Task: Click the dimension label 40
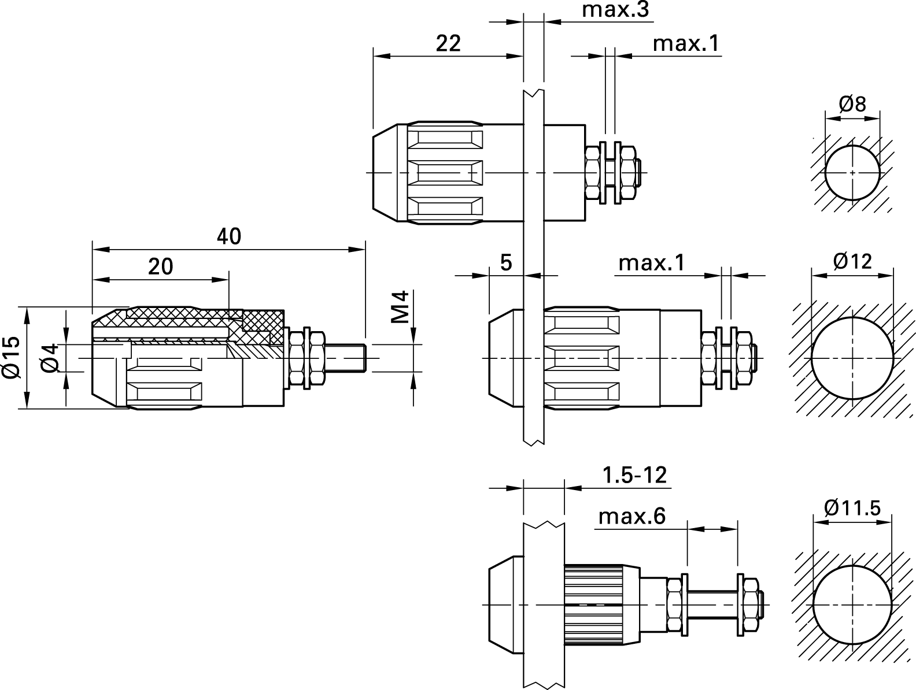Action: click(x=229, y=236)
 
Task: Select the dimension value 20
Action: click(x=160, y=266)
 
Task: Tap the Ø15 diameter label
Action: click(x=12, y=358)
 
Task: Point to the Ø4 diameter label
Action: click(x=50, y=358)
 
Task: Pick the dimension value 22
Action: click(x=448, y=43)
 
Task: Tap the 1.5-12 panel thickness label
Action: click(x=634, y=476)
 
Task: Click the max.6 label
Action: click(x=632, y=516)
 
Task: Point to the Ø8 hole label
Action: click(x=852, y=104)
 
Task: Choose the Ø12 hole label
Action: click(x=852, y=261)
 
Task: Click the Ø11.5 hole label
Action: click(x=852, y=508)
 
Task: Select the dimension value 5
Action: click(x=506, y=262)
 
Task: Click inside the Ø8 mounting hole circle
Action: click(x=852, y=173)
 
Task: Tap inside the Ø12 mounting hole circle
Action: click(x=852, y=358)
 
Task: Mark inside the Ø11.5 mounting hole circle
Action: click(x=852, y=604)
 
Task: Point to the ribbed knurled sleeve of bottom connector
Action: click(x=593, y=604)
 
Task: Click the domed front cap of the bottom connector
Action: click(x=505, y=604)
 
